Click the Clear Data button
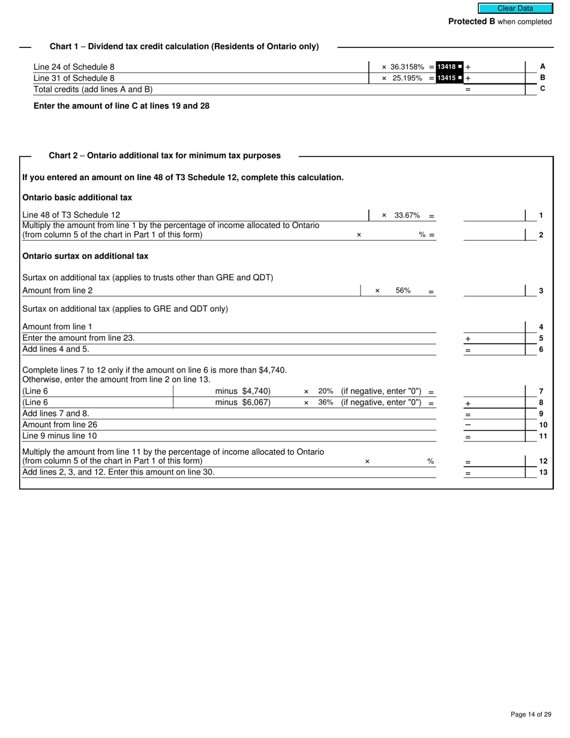pos(515,8)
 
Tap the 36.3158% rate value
pos(407,67)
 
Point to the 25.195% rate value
pos(407,78)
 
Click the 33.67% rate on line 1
pos(407,215)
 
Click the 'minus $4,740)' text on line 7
pos(243,391)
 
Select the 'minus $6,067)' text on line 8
pos(243,402)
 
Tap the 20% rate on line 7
pos(326,391)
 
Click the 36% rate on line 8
pos(326,402)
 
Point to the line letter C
pos(542,89)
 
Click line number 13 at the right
pos(542,472)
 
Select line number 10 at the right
pos(542,425)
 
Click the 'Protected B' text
pos(472,22)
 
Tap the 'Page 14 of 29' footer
pos(530,714)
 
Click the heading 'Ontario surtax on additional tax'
pos(85,256)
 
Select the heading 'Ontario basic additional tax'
pos(77,197)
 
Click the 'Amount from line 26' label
pos(60,424)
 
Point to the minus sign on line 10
pos(468,425)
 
